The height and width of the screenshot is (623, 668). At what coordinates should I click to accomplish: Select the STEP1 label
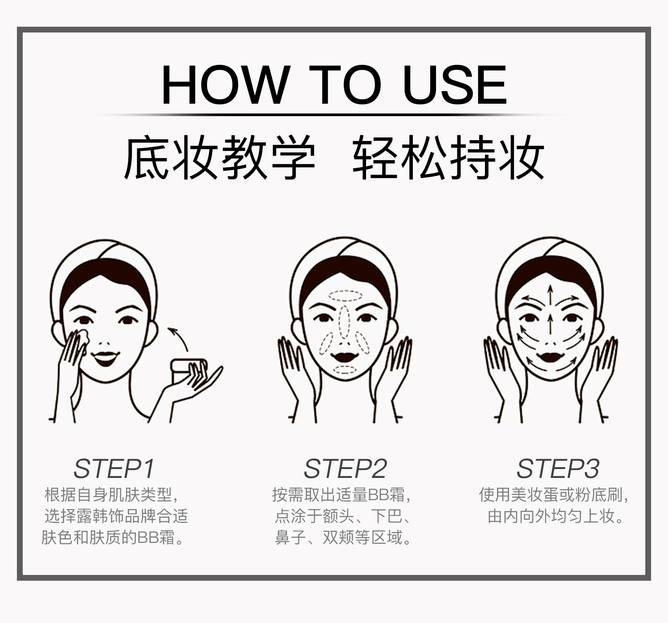point(114,469)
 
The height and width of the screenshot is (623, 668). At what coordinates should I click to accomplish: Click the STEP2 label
point(345,469)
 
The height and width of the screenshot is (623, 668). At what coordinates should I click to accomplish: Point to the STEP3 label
point(558,469)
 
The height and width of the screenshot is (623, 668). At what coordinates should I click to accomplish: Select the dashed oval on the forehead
point(346,296)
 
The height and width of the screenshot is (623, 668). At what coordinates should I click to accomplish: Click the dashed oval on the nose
point(344,322)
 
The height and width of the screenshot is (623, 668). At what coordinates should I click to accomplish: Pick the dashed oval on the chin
point(344,370)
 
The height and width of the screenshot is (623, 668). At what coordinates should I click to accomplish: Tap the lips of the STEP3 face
point(550,357)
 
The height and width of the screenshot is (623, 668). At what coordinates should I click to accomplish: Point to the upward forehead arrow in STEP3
point(550,295)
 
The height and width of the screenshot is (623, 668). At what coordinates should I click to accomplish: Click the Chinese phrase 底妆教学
point(220,157)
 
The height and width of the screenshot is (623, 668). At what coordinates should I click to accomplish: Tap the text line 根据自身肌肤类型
point(111,494)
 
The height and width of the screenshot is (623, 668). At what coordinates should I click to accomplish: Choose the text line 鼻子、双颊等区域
point(342,538)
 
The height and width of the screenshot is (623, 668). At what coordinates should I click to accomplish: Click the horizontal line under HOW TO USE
point(334,115)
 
